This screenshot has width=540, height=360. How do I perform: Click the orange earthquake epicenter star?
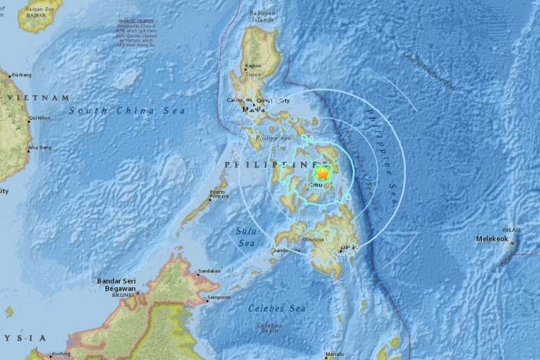[x=320, y=173]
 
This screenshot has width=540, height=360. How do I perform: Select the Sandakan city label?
[x=209, y=271]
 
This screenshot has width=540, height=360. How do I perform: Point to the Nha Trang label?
[x=39, y=147]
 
